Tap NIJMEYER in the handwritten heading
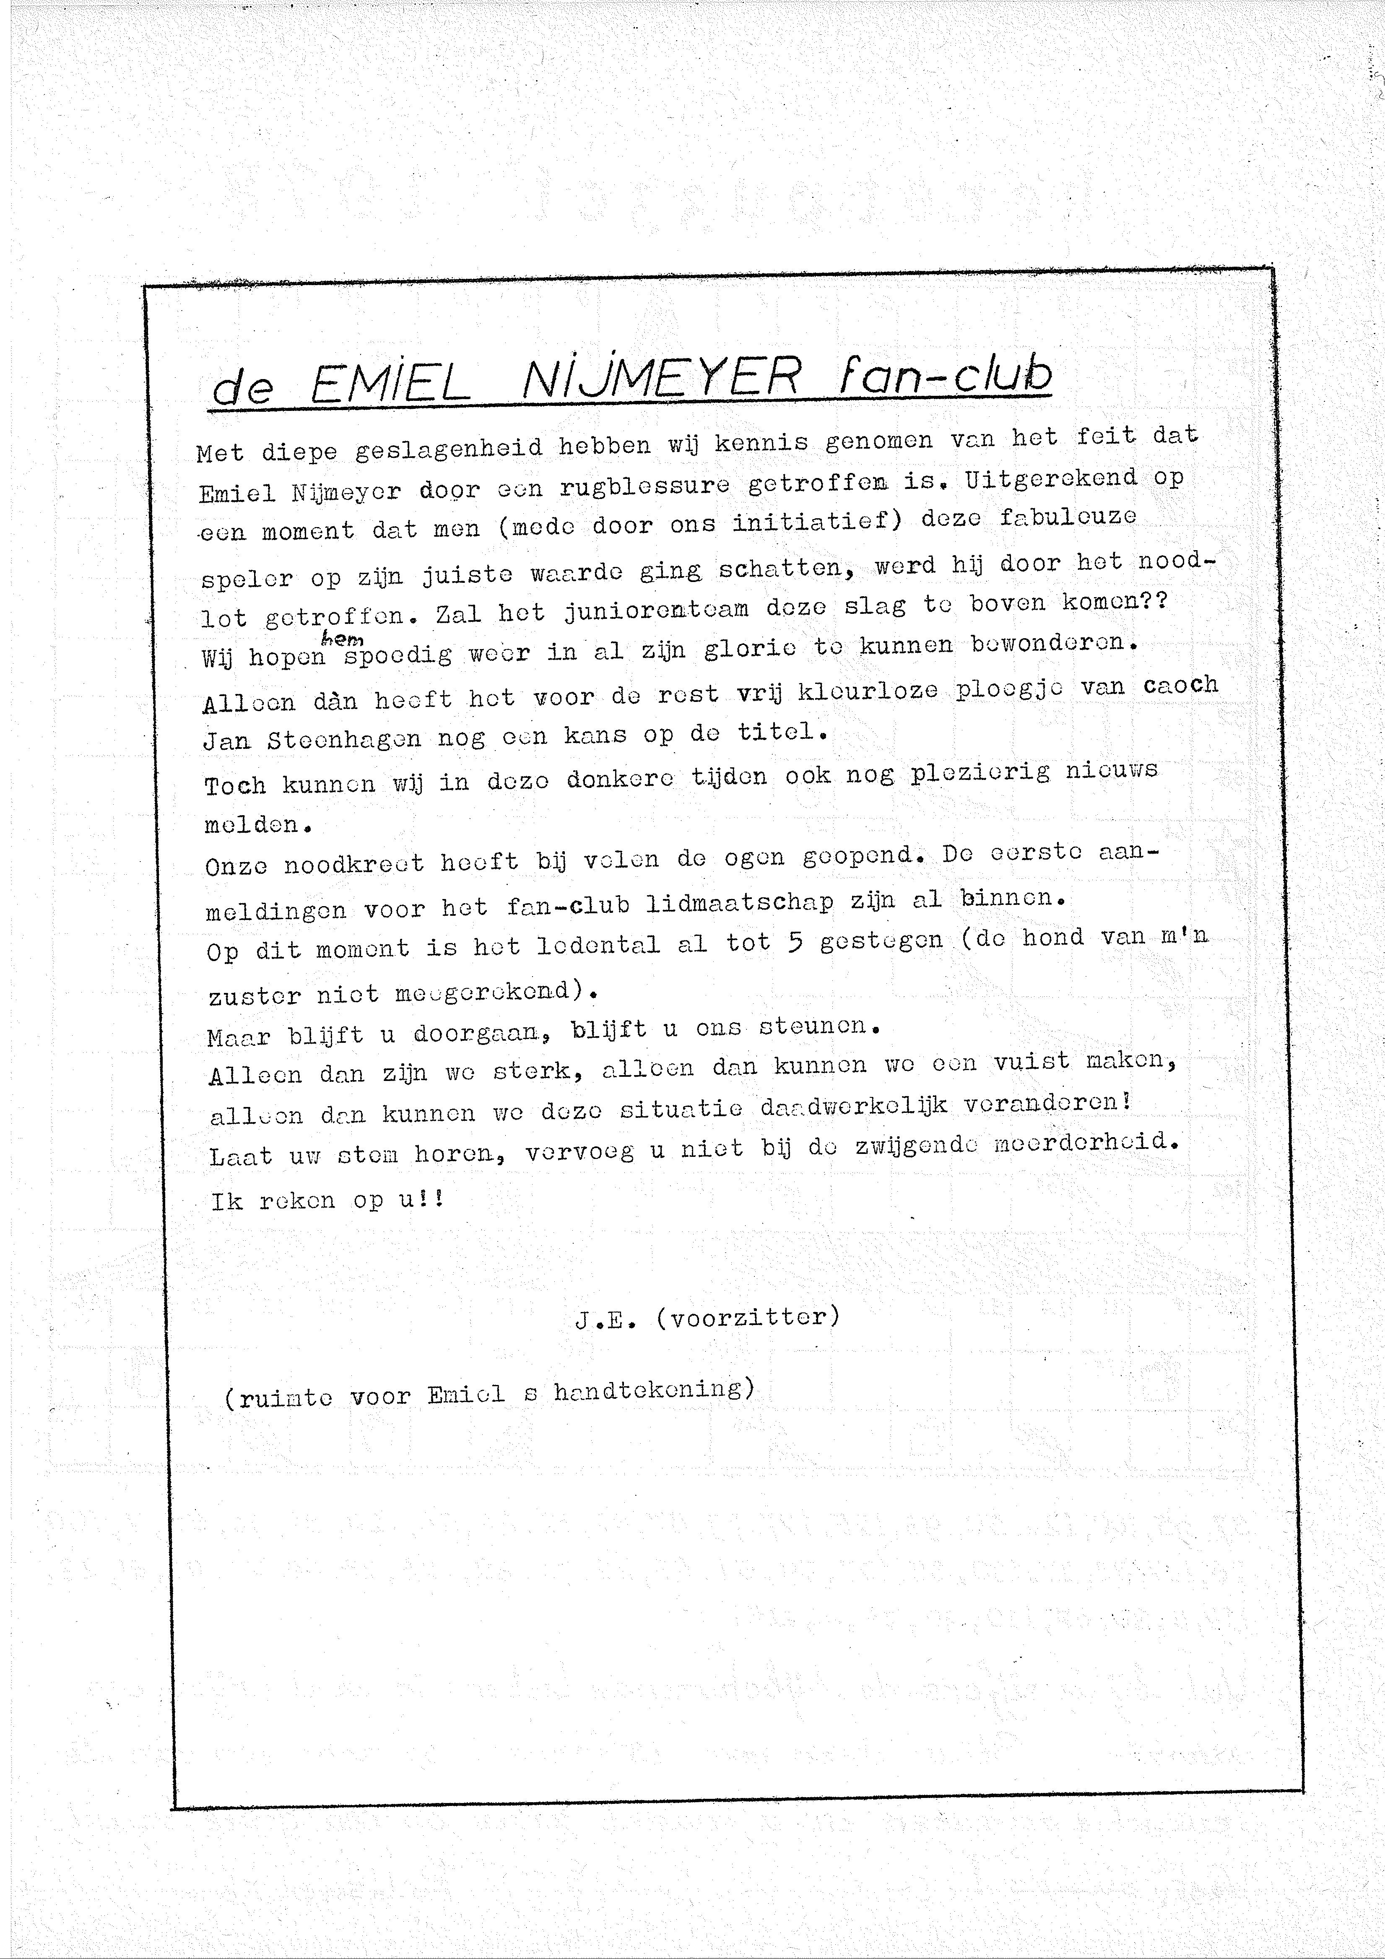(661, 378)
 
